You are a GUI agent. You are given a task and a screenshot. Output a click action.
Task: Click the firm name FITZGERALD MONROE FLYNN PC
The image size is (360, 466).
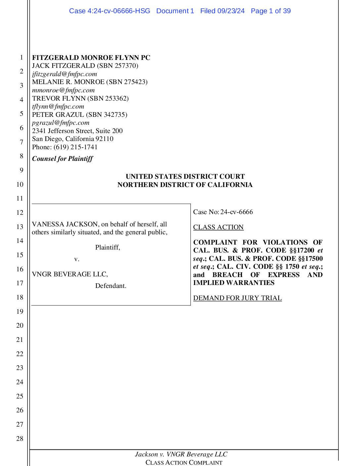91,58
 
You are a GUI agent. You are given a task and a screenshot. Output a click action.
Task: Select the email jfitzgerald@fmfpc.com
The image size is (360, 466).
65,74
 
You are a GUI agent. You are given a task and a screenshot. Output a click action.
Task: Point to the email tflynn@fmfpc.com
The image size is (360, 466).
58,106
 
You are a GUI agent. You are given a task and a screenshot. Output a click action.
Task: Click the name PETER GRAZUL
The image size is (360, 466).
58,115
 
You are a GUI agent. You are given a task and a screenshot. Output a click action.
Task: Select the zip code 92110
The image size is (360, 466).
104,139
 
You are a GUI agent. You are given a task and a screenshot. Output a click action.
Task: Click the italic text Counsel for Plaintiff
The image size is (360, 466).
62,159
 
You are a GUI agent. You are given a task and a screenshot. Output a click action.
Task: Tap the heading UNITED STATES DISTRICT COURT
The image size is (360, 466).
185,176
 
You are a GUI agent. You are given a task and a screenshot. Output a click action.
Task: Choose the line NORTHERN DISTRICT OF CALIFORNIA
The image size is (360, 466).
185,185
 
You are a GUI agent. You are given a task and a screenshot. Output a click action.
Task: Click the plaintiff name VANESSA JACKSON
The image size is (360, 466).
65,224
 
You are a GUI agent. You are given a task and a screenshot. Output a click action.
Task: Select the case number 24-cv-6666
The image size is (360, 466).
237,212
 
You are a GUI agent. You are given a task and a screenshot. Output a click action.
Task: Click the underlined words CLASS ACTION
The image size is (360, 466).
218,227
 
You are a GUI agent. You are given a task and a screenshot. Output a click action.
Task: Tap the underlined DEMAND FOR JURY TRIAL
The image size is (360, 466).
237,298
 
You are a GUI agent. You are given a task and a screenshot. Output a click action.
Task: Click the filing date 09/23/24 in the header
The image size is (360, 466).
231,11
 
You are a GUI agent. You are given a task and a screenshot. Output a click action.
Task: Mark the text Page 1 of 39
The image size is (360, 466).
271,11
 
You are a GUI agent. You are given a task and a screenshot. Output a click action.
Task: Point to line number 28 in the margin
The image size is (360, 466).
20,439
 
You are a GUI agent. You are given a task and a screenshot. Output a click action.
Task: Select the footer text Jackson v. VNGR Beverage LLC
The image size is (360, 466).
181,454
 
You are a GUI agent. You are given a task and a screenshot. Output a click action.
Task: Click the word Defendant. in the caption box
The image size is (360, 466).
111,286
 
